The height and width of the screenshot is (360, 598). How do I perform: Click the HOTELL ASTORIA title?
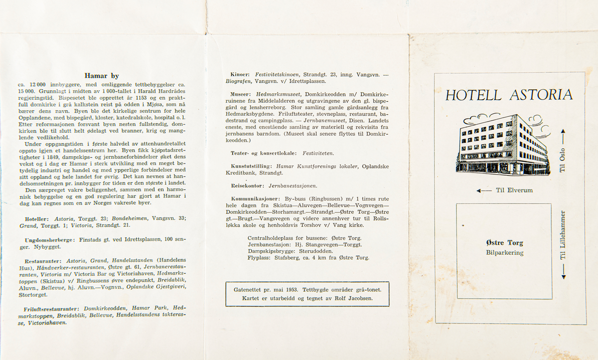point(509,95)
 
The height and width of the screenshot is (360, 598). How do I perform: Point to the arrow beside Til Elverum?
point(484,190)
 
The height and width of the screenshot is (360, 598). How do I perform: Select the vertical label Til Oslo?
point(563,160)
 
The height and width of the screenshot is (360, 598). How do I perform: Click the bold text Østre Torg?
point(504,243)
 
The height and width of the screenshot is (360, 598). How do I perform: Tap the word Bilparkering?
point(504,253)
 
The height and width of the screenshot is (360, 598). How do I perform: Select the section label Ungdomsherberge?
point(49,240)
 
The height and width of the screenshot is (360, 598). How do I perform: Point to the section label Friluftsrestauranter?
point(52,309)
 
